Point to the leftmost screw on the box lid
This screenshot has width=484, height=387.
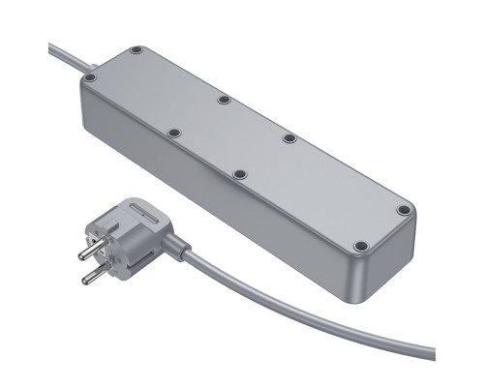(89, 77)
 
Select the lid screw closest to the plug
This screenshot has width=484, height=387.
(174, 132)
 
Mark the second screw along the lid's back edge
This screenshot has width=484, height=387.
(223, 99)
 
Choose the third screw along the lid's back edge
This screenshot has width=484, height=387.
(288, 139)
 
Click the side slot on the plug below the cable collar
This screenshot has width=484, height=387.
(155, 253)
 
